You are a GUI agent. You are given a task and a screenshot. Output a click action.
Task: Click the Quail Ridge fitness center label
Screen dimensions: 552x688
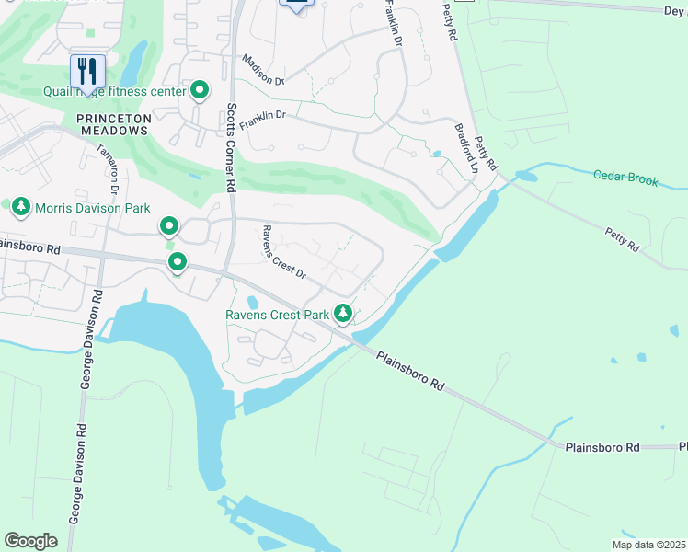[114, 91]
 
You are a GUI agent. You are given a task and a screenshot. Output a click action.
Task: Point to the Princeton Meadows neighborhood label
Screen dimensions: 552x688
[112, 124]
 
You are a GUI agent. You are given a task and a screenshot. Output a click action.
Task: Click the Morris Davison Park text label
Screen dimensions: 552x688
[92, 209]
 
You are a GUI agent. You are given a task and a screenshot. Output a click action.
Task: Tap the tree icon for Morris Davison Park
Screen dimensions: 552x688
[21, 208]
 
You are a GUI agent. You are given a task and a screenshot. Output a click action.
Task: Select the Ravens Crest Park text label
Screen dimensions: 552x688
[278, 316]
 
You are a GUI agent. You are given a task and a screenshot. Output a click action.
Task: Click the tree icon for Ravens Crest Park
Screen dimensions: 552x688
[343, 315]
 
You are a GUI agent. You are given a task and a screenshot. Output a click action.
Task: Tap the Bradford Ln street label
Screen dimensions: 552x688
[465, 148]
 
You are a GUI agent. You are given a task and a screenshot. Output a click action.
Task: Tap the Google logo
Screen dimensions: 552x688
[30, 540]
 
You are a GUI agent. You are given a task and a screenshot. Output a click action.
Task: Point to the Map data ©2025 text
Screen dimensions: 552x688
[648, 545]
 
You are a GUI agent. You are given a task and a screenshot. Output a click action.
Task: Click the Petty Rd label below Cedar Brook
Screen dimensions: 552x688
[622, 241]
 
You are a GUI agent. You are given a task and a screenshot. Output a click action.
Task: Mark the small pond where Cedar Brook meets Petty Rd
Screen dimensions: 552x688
[525, 175]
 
